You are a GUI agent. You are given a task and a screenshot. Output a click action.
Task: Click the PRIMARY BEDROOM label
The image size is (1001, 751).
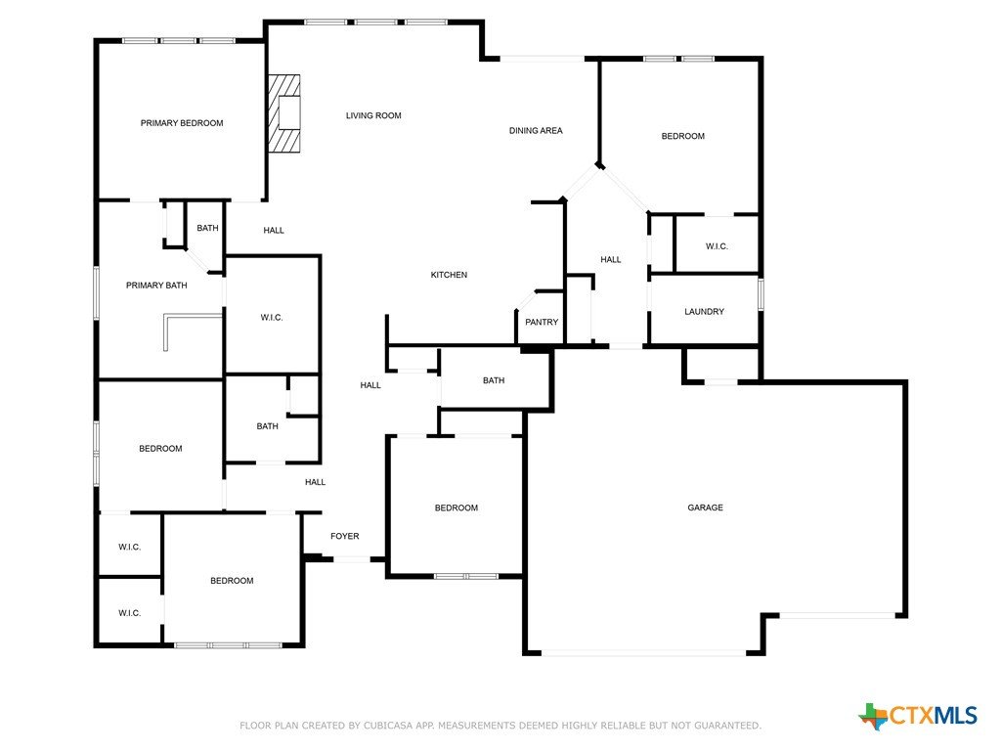pyautogui.click(x=182, y=123)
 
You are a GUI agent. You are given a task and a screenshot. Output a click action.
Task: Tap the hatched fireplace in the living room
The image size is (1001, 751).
pyautogui.click(x=284, y=113)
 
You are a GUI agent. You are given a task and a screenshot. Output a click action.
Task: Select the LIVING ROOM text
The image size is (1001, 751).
pyautogui.click(x=373, y=115)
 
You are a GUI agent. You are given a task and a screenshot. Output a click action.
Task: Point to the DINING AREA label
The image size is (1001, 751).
pyautogui.click(x=536, y=130)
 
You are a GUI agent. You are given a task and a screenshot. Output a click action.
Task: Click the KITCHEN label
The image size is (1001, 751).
pyautogui.click(x=449, y=275)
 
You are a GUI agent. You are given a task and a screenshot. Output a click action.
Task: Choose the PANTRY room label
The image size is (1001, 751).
pyautogui.click(x=542, y=322)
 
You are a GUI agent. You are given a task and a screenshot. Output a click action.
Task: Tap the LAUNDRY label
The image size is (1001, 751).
pyautogui.click(x=704, y=312)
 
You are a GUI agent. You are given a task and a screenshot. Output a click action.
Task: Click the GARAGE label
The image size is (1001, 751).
pyautogui.click(x=706, y=508)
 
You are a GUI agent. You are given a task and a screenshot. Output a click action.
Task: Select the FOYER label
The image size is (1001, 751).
pyautogui.click(x=345, y=536)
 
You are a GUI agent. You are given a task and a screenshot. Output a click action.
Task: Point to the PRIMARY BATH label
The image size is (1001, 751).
pyautogui.click(x=156, y=286)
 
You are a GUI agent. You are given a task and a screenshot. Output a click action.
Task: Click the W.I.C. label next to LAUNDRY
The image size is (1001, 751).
pyautogui.click(x=717, y=245)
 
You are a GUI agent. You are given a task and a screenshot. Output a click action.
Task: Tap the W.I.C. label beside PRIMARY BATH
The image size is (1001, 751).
pyautogui.click(x=272, y=318)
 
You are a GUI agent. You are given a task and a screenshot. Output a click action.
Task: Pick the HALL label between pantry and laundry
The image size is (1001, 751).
pyautogui.click(x=611, y=259)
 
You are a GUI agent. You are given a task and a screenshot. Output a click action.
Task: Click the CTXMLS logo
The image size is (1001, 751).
pyautogui.click(x=918, y=715)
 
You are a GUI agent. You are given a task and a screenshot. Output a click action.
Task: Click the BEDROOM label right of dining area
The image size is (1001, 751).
pyautogui.click(x=683, y=136)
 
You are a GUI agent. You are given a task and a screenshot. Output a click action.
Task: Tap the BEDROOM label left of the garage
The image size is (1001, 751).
pyautogui.click(x=457, y=508)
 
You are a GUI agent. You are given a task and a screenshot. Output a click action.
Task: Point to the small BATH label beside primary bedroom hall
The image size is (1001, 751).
pyautogui.click(x=207, y=228)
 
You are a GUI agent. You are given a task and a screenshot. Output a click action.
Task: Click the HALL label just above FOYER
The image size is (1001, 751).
pyautogui.click(x=316, y=482)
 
